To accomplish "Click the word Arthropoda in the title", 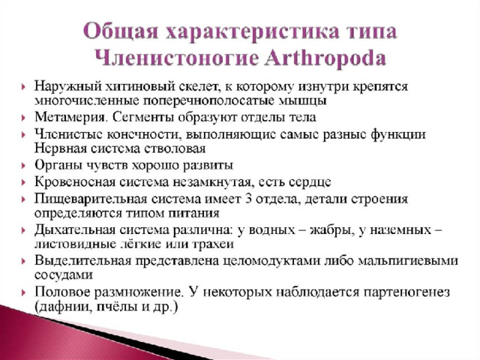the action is point(325,58).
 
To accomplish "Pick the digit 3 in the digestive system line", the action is point(248,199).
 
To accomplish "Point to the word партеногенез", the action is point(406,292).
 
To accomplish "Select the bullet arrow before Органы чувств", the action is point(24,166).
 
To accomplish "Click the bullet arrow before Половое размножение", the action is point(24,293).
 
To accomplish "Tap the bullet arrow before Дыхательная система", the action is point(24,231).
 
